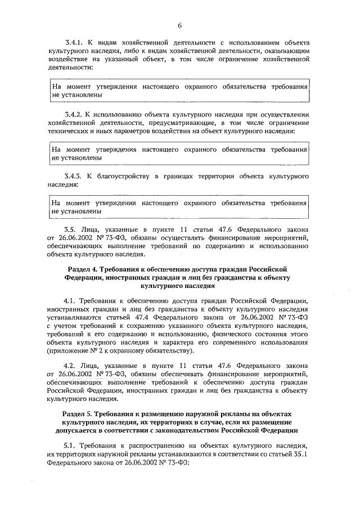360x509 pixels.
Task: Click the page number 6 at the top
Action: click(180, 25)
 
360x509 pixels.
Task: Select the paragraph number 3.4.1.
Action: click(75, 43)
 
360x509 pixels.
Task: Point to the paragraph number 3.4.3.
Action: click(75, 177)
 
